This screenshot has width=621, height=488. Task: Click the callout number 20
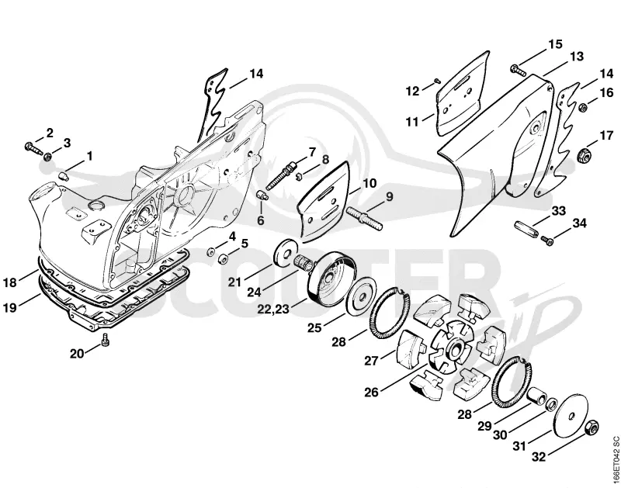[x=77, y=354]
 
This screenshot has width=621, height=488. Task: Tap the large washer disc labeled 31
[x=571, y=416]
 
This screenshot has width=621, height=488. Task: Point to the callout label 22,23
[x=273, y=309]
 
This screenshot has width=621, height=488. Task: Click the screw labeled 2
[x=34, y=148]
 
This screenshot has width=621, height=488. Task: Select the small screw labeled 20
[x=105, y=340]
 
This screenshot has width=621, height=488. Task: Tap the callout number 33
[x=558, y=210]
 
